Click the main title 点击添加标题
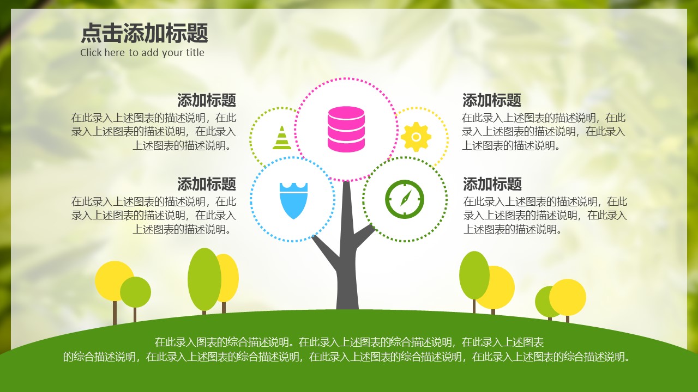click(x=145, y=34)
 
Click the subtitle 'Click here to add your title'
click(x=142, y=53)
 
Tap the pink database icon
click(x=346, y=129)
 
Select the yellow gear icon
click(x=416, y=136)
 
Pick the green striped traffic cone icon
click(x=282, y=138)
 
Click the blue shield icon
click(x=293, y=200)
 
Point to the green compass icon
click(x=404, y=199)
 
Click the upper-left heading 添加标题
click(x=206, y=100)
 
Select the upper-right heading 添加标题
click(x=492, y=100)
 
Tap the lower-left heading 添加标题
click(x=206, y=183)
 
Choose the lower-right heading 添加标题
click(x=492, y=183)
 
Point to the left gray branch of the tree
click(x=326, y=250)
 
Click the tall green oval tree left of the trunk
click(x=204, y=279)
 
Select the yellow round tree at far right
click(x=568, y=297)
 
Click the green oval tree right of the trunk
click(x=473, y=275)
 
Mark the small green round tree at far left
click(x=136, y=292)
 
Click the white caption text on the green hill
click(x=347, y=350)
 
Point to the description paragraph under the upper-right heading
click(x=544, y=131)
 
